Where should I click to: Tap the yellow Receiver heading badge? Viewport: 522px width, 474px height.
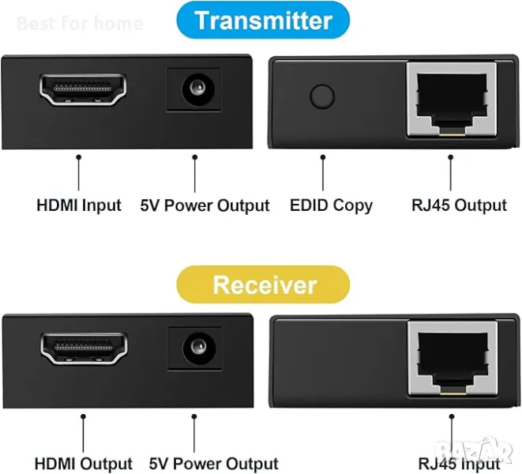264,284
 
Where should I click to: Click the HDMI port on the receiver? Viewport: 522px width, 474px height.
83,349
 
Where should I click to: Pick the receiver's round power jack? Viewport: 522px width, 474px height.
193,348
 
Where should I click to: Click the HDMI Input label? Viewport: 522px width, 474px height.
79,205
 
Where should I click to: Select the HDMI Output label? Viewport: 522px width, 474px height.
83,464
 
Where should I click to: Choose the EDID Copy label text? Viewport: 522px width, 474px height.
331,205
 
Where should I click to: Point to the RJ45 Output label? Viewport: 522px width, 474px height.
459,205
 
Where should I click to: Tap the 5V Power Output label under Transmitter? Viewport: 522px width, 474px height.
205,205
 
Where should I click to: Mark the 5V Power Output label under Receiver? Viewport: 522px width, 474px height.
213,464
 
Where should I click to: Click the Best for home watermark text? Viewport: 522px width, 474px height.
79,23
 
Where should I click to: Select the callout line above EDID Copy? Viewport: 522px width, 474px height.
323,172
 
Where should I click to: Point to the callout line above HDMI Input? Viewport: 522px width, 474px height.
79,172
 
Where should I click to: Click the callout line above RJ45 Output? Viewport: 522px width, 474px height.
451,172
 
